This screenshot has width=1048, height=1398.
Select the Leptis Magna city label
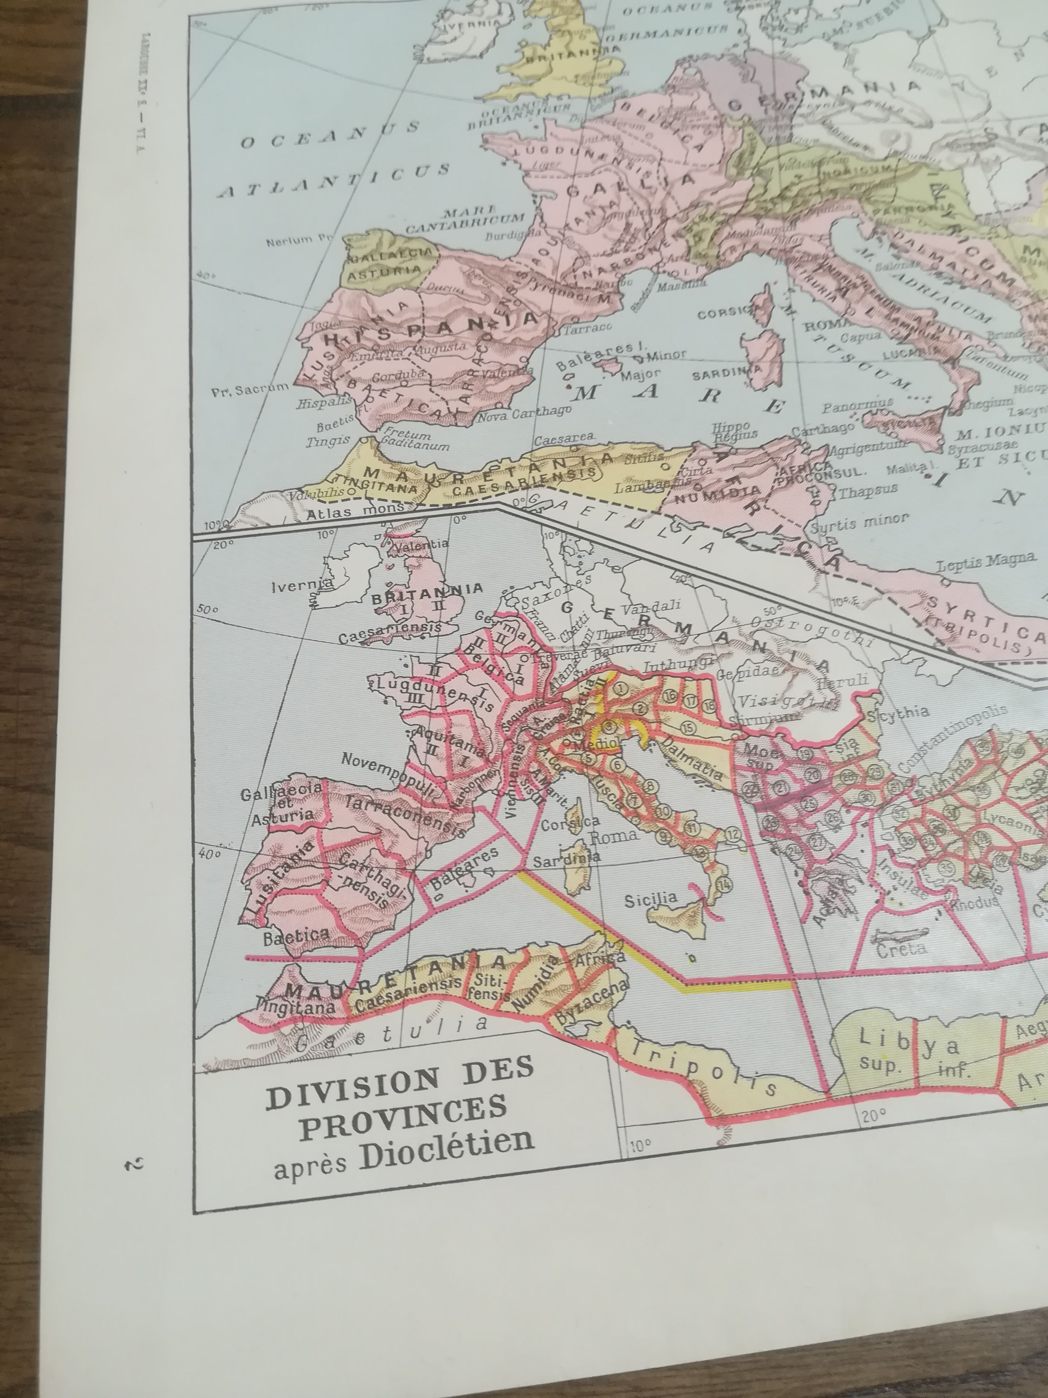tap(986, 559)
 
